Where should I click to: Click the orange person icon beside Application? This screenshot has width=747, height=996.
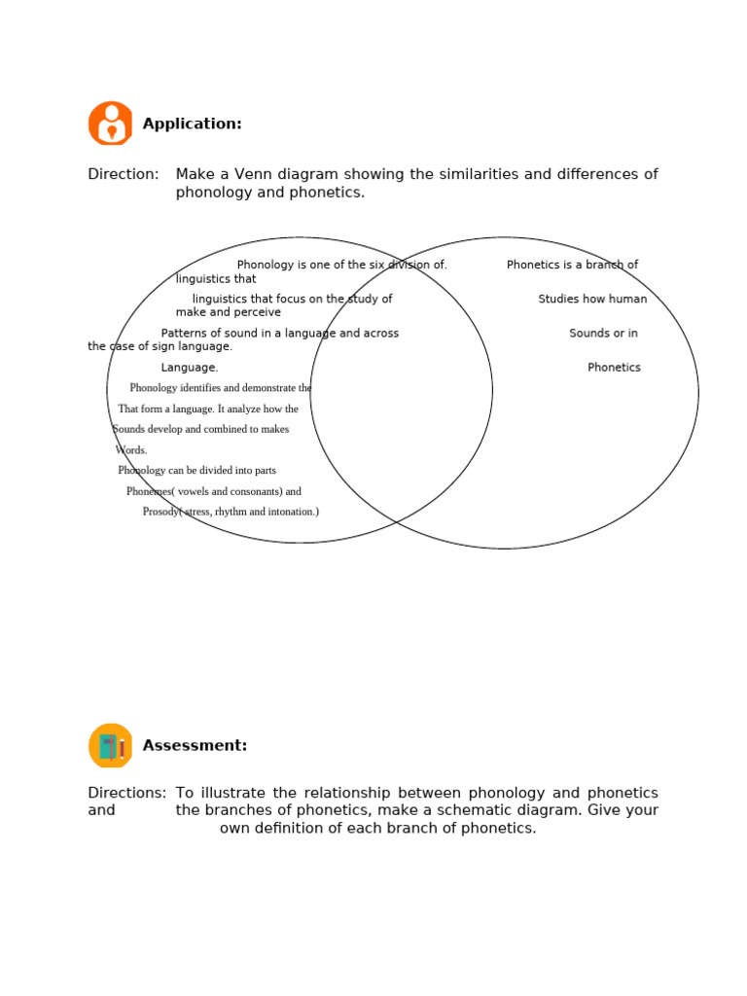tap(111, 124)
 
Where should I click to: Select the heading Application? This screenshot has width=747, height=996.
tap(192, 124)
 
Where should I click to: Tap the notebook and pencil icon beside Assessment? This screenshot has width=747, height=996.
tap(111, 746)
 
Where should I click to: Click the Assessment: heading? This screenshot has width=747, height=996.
tap(195, 746)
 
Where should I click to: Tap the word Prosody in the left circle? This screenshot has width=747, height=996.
tap(160, 512)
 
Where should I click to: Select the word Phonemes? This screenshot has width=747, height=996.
tap(149, 491)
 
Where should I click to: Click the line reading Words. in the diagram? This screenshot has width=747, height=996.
tap(130, 450)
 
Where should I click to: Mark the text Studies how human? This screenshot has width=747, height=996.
tap(592, 300)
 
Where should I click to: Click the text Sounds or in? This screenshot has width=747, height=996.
tap(603, 334)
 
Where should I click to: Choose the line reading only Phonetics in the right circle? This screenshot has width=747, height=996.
tap(614, 368)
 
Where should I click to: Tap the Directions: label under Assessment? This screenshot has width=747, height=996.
tap(126, 794)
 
